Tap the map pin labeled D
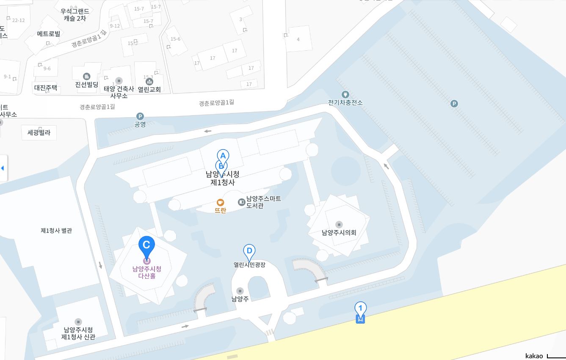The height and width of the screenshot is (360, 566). (x=249, y=251)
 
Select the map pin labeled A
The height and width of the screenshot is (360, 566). (x=223, y=156)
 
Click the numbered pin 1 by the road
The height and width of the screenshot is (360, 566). (x=360, y=309)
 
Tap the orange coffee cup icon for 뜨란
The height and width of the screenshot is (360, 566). (x=221, y=203)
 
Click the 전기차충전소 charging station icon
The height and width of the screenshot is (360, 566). (x=345, y=94)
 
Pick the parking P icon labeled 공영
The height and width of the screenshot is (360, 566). (x=140, y=116)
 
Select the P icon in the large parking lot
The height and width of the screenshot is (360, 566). (x=454, y=104)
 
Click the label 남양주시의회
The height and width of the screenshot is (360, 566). (x=339, y=232)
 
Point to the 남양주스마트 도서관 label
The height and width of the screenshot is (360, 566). (x=263, y=202)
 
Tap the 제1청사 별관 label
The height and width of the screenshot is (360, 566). (x=56, y=231)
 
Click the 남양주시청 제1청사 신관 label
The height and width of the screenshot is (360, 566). (x=78, y=333)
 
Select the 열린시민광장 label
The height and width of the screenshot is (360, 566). (x=249, y=265)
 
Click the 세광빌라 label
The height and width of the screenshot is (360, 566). (x=39, y=132)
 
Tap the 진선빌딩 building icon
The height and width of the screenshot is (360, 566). (x=87, y=77)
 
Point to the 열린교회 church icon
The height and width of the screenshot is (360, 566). (x=149, y=81)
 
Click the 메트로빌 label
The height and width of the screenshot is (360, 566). (x=49, y=33)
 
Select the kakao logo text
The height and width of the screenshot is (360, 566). (x=534, y=356)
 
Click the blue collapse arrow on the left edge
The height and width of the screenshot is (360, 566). (x=3, y=168)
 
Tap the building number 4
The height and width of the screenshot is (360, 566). (x=298, y=39)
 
